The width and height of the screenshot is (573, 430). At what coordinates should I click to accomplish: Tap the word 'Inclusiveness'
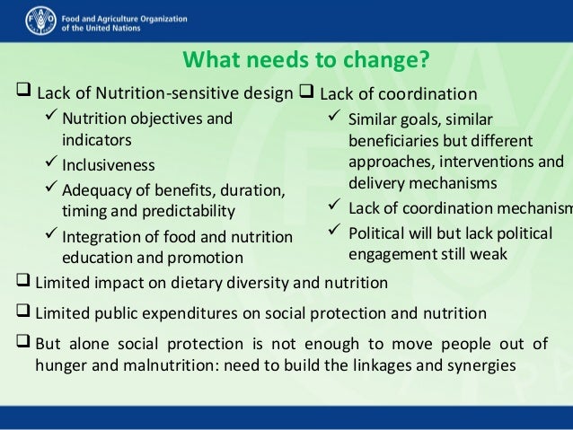click(108, 166)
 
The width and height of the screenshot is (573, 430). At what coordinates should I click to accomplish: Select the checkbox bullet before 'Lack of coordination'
click(304, 93)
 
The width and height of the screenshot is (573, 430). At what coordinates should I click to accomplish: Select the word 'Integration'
click(97, 237)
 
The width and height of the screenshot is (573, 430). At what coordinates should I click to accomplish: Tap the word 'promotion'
click(208, 257)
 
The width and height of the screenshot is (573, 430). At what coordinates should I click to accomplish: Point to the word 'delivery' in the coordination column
click(376, 184)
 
